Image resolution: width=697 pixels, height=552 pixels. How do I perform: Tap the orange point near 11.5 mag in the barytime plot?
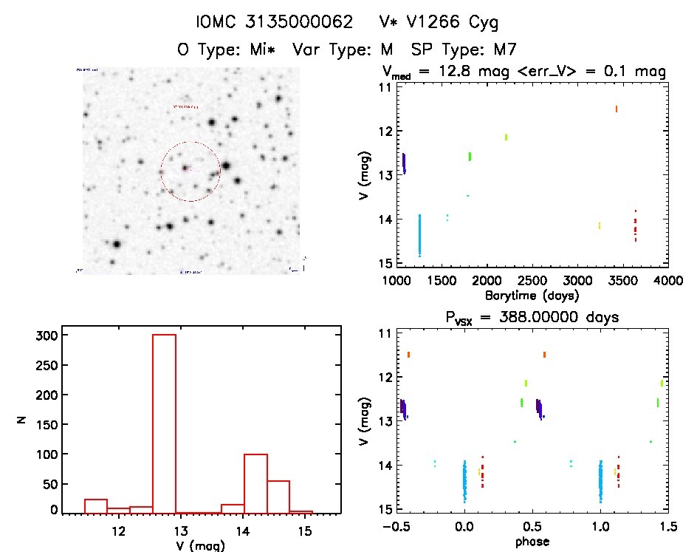pyautogui.click(x=616, y=109)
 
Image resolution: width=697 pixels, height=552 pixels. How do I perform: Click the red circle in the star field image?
pyautogui.click(x=190, y=171)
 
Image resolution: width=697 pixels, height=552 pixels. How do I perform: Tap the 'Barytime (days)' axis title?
pyautogui.click(x=532, y=296)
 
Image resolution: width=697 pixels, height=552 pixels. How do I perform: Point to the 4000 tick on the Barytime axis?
pyautogui.click(x=668, y=282)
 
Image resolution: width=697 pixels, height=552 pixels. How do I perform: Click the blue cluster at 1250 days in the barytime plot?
pyautogui.click(x=419, y=235)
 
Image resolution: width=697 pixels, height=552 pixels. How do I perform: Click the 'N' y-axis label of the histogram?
pyautogui.click(x=22, y=421)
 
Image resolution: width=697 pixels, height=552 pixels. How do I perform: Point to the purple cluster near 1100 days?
pyautogui.click(x=404, y=163)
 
